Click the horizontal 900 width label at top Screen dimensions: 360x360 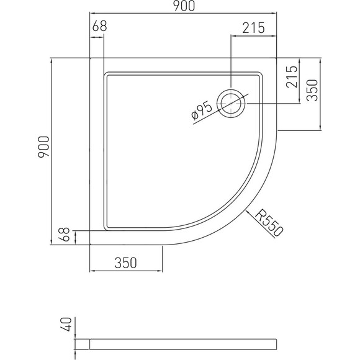click(184, 6)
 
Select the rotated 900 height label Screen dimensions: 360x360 click(43, 147)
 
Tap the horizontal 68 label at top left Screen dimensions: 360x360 click(100, 26)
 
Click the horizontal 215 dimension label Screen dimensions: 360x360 click(254, 28)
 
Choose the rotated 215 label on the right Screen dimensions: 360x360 click(292, 77)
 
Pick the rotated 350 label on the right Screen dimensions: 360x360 click(312, 90)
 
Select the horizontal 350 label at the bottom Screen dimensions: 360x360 click(125, 263)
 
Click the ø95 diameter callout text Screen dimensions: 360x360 click(202, 110)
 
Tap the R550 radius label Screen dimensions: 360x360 click(269, 222)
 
